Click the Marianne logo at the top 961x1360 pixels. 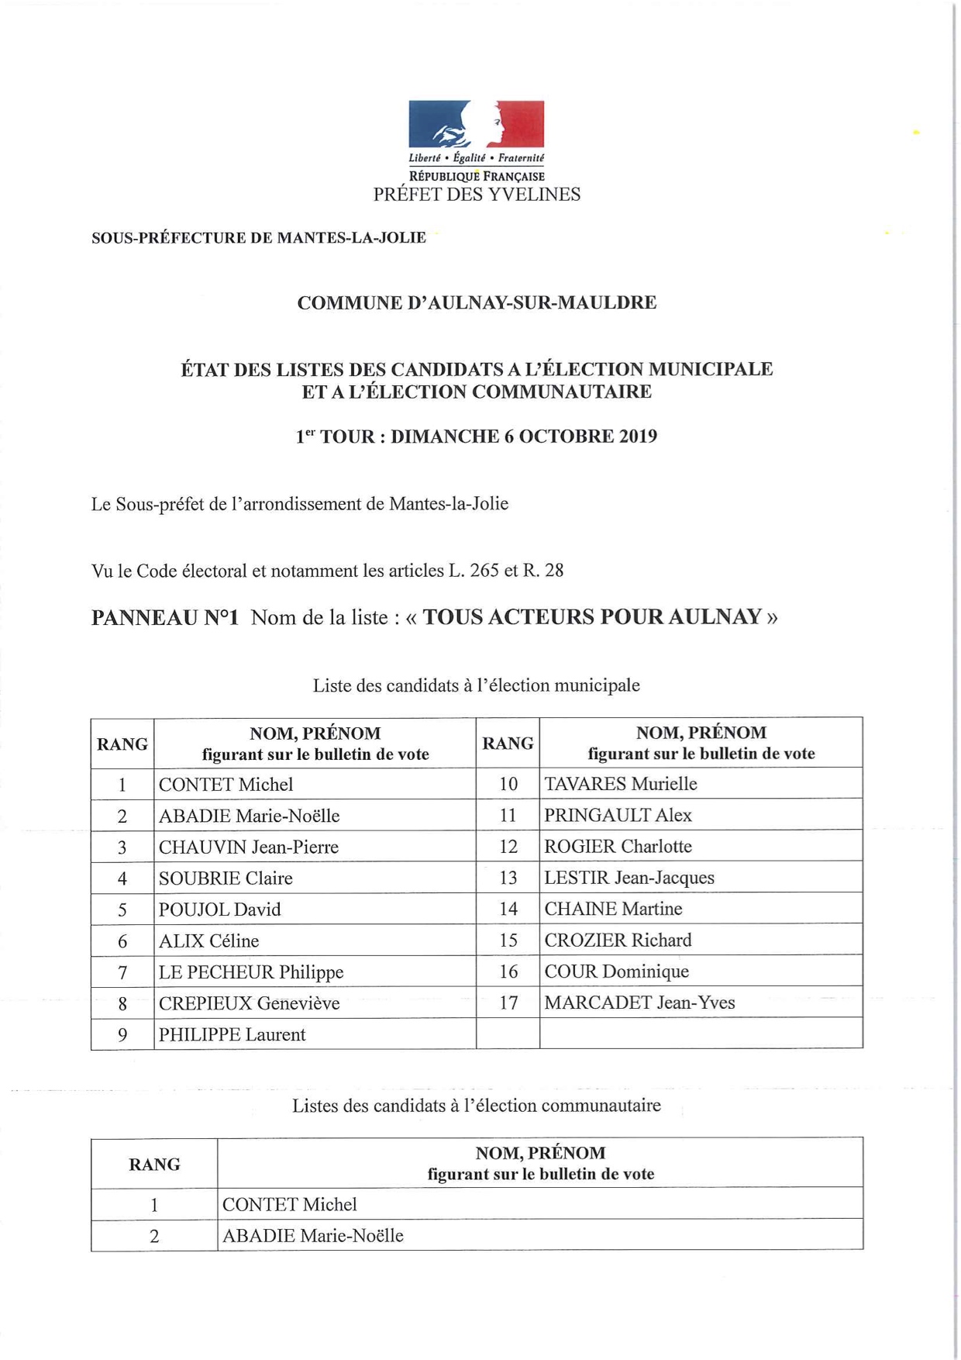[476, 124]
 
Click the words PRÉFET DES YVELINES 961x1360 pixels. [477, 195]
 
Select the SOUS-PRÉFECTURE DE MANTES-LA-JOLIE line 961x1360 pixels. [259, 238]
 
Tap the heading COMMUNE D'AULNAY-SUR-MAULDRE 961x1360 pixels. [477, 302]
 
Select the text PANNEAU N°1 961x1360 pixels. [165, 618]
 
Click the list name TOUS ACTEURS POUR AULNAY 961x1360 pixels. [592, 617]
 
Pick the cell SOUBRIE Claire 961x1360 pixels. [226, 878]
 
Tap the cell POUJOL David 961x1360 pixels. [220, 910]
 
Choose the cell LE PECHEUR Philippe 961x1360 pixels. [251, 972]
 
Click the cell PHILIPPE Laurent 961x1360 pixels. [232, 1035]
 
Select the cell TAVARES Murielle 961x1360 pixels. [621, 784]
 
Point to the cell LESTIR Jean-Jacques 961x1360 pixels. [629, 878]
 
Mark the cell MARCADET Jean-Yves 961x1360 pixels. [639, 1003]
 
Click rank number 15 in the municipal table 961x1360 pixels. [508, 941]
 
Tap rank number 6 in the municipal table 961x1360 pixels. [122, 941]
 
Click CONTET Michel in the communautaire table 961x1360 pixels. [290, 1205]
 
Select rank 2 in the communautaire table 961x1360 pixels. [154, 1237]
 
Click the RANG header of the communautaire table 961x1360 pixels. [154, 1165]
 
